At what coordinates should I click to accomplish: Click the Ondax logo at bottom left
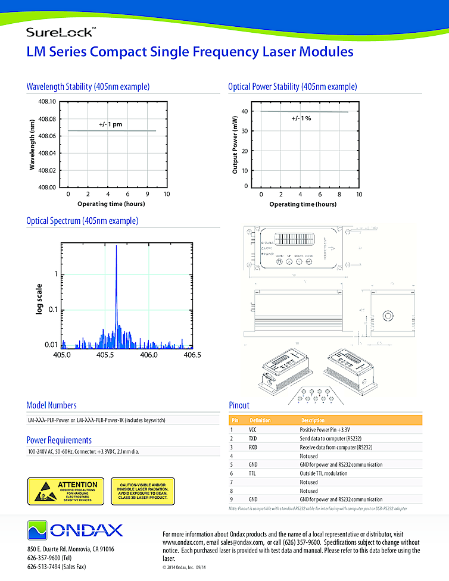click(74, 529)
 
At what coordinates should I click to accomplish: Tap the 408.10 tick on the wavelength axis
click(47, 102)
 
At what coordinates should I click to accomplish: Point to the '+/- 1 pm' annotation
click(110, 124)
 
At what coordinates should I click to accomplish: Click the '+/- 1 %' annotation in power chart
click(301, 118)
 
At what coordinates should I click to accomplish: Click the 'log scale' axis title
click(40, 297)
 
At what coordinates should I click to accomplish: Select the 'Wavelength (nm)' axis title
click(32, 145)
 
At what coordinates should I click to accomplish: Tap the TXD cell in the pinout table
click(253, 438)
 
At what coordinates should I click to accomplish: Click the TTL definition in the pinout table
click(252, 473)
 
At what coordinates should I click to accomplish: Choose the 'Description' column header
click(313, 420)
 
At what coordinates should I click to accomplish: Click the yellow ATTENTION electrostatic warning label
click(66, 491)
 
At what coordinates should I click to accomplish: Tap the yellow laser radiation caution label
click(144, 491)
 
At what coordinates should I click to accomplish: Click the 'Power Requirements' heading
click(59, 440)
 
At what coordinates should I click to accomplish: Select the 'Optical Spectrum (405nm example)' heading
click(82, 221)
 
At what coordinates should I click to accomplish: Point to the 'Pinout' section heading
click(239, 405)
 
